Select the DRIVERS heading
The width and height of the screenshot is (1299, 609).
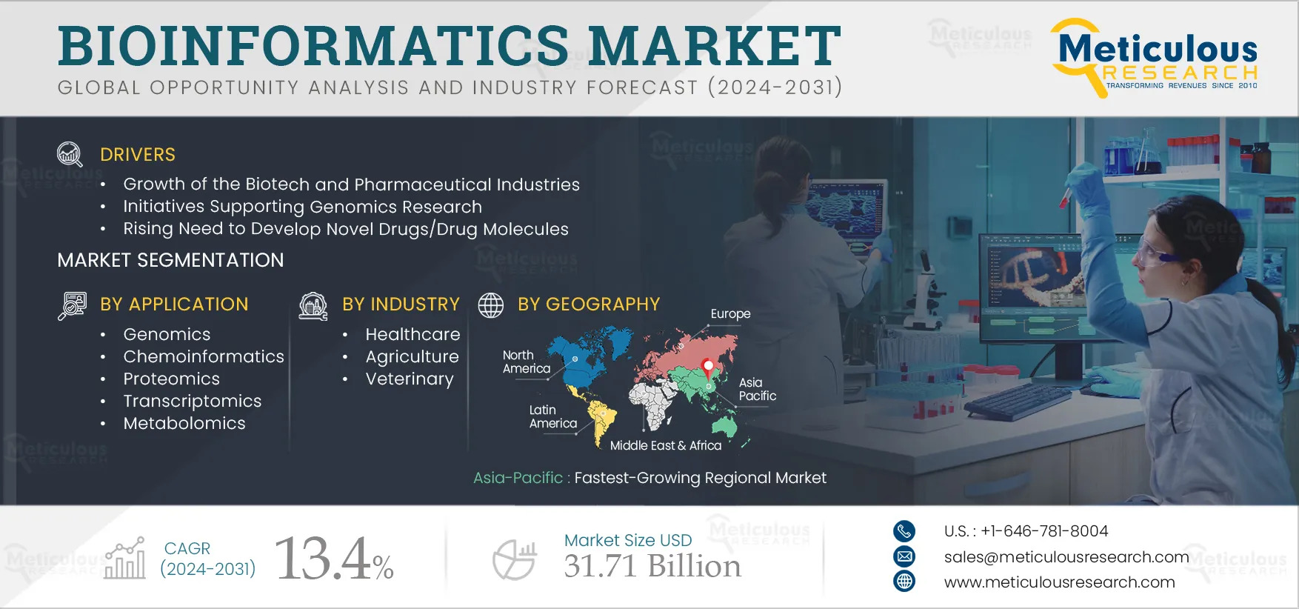click(x=138, y=155)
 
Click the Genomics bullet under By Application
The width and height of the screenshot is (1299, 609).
click(x=167, y=335)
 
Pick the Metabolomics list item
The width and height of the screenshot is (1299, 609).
click(x=184, y=424)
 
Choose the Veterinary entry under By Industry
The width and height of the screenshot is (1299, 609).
click(x=410, y=379)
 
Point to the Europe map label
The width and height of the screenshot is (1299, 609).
click(x=730, y=314)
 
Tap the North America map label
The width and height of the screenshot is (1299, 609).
click(x=526, y=362)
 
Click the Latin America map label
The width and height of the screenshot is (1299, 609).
click(x=552, y=416)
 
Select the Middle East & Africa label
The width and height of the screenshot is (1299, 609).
click(x=665, y=446)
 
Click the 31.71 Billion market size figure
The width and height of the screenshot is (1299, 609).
click(x=652, y=567)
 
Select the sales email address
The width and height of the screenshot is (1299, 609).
click(x=1066, y=557)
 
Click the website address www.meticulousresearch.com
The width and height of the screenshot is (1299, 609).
click(x=1059, y=582)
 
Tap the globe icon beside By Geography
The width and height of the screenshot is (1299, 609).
click(x=490, y=304)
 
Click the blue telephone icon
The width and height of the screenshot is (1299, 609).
click(x=904, y=530)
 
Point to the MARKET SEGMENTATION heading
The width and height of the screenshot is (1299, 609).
click(x=170, y=260)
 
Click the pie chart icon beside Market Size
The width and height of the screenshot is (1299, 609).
click(x=515, y=560)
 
